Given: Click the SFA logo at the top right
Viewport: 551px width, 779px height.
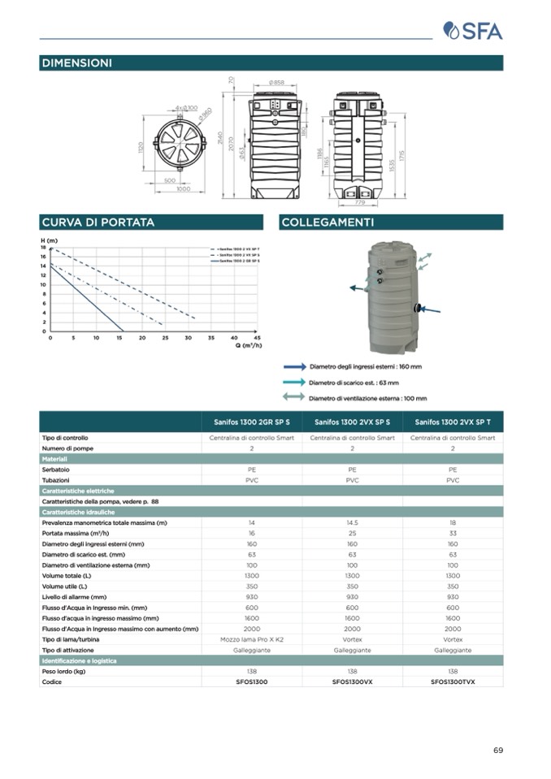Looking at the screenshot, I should (473, 31).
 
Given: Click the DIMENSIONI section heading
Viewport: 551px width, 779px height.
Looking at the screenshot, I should (76, 63).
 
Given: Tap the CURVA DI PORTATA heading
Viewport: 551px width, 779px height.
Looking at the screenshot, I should (98, 222).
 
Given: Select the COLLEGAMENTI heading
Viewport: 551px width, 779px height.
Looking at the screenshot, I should (328, 222).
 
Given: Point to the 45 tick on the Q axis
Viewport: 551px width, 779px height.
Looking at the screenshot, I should (257, 337).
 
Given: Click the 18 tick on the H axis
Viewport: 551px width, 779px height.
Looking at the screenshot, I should (44, 247).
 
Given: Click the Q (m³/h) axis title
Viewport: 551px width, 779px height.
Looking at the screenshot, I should (249, 345).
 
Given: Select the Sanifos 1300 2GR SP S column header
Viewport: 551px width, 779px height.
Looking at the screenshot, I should (252, 422).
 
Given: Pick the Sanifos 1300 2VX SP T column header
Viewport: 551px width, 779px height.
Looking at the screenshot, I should (453, 422).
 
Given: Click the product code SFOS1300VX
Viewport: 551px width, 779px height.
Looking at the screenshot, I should (352, 682).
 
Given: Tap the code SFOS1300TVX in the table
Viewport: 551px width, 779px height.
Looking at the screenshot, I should (453, 682).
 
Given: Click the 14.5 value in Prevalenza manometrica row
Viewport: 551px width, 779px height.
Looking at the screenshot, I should (352, 523).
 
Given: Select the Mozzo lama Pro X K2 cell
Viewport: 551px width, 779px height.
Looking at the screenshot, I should (252, 639).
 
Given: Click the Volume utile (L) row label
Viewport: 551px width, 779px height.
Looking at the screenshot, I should (67, 586).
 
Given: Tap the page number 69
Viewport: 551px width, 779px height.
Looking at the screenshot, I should (497, 750).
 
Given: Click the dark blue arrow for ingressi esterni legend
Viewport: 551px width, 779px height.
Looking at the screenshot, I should (295, 366).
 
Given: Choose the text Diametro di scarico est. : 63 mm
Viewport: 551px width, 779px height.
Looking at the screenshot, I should (354, 383).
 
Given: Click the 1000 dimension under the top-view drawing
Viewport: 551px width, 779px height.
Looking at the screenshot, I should (184, 188).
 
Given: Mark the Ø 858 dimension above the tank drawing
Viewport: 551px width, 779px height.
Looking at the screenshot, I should (275, 83).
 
